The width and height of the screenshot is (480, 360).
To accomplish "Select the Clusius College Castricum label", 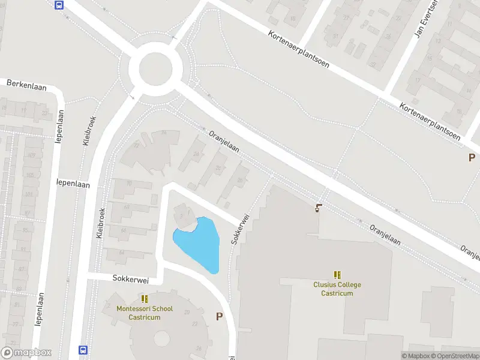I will [x=337, y=289].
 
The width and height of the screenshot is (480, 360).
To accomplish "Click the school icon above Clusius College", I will [x=337, y=275].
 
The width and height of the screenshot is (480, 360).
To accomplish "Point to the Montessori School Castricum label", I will [x=145, y=313].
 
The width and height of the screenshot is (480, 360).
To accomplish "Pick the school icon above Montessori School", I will [x=145, y=298].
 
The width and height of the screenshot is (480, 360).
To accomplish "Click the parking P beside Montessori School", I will [x=219, y=316].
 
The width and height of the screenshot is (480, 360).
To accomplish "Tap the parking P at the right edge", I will [x=472, y=157].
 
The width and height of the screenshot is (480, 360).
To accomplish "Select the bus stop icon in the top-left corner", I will [x=59, y=5].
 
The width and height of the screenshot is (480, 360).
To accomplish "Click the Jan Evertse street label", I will [x=424, y=23].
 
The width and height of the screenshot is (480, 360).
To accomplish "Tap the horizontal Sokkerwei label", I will [x=130, y=280].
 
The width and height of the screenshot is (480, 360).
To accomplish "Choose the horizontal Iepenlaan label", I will [x=73, y=185].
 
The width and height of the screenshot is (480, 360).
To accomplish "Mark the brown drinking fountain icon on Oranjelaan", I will [x=318, y=209].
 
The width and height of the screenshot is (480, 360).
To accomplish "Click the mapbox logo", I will [x=26, y=353].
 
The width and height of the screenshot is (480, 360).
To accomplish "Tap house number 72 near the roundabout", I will [x=136, y=145].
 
